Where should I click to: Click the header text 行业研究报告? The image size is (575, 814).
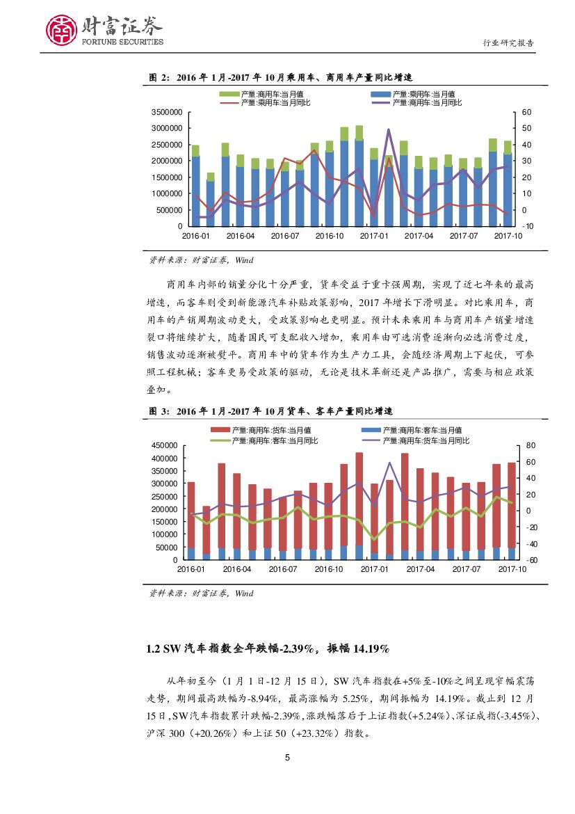point(508,43)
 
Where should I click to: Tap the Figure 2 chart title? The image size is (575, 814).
point(281,77)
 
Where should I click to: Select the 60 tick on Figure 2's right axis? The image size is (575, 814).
point(526,112)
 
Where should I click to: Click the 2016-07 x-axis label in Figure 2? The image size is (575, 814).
point(284,237)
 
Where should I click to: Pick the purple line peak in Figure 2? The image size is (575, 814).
point(388,129)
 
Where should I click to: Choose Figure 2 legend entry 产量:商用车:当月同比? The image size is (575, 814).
point(427,102)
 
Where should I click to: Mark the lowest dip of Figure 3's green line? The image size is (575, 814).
point(374,539)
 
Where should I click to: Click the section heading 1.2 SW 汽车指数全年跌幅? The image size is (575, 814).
point(268,648)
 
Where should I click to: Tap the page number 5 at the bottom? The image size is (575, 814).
point(288,758)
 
